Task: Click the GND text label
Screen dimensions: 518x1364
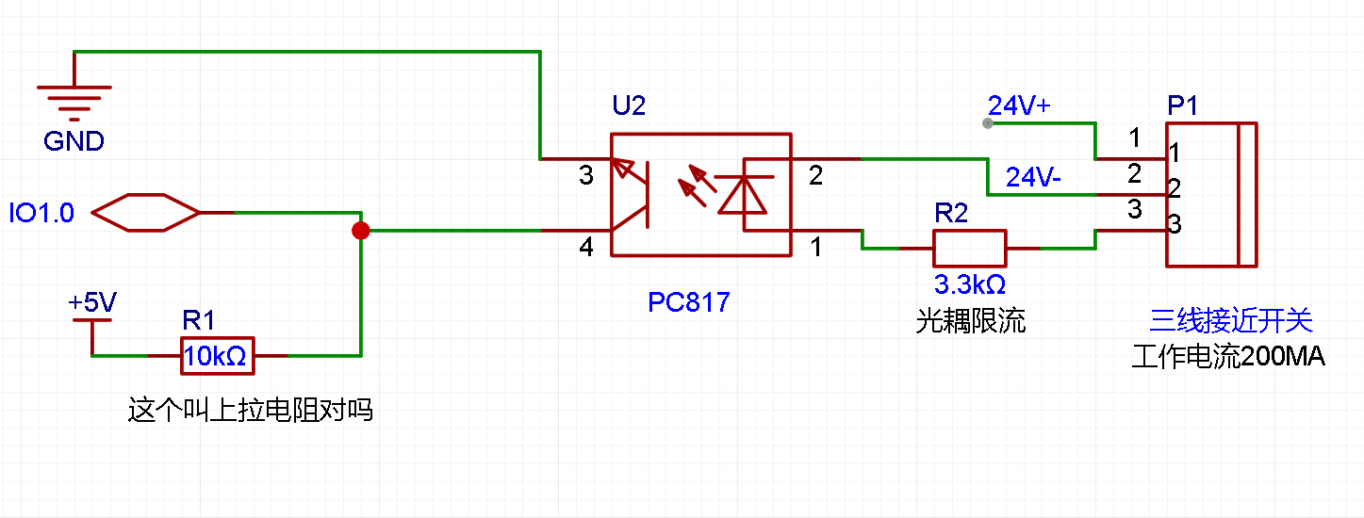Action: pyautogui.click(x=74, y=141)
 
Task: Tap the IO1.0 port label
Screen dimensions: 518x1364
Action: pyautogui.click(x=41, y=214)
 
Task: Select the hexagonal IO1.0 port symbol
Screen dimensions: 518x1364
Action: pyautogui.click(x=146, y=213)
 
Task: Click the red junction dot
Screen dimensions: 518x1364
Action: pyautogui.click(x=360, y=230)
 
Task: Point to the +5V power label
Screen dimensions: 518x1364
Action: pyautogui.click(x=92, y=303)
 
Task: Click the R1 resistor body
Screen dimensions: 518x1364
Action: pyautogui.click(x=217, y=355)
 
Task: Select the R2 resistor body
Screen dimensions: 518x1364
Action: pyautogui.click(x=970, y=248)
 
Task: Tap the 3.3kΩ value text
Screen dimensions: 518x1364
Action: pyautogui.click(x=970, y=283)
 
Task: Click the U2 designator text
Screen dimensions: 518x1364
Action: pyautogui.click(x=629, y=106)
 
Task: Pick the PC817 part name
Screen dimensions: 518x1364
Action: pyautogui.click(x=689, y=302)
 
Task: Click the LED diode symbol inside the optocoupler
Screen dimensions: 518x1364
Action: pyautogui.click(x=742, y=194)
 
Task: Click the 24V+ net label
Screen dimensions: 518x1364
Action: pyautogui.click(x=1019, y=106)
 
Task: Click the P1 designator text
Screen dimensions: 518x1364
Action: pyautogui.click(x=1183, y=106)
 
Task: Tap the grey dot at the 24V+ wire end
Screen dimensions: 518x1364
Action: pyautogui.click(x=987, y=123)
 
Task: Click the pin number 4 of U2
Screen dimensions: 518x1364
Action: pyautogui.click(x=586, y=249)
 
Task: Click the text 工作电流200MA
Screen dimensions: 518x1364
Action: pyautogui.click(x=1228, y=358)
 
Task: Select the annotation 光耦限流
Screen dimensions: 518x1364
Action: pyautogui.click(x=970, y=322)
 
